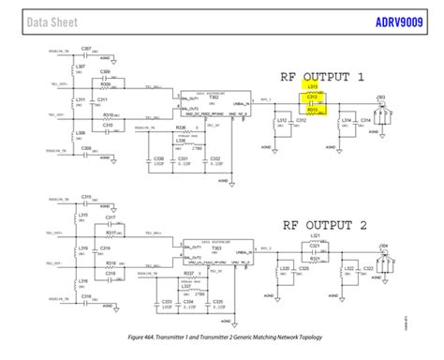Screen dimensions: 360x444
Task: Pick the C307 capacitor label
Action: (85, 47)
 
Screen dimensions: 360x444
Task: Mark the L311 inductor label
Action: (81, 98)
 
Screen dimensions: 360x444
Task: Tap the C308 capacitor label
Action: (85, 147)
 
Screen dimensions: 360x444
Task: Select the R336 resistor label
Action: (180, 126)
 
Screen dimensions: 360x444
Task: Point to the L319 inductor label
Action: (83, 248)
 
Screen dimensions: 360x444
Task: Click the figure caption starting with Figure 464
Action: (222, 335)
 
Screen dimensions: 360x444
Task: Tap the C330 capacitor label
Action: (158, 158)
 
